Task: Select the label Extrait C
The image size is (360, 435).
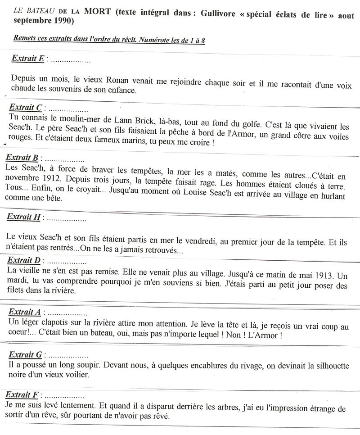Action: (26, 108)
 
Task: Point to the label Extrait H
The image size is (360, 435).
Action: (24, 217)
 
